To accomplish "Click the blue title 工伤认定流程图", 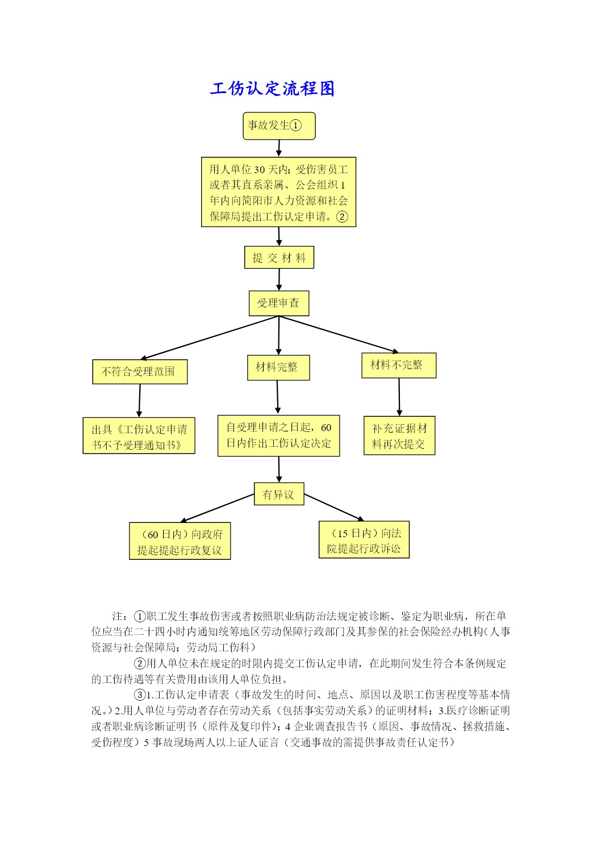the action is coord(272,89).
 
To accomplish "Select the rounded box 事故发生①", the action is coord(279,125).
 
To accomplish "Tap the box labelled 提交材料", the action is coord(279,258).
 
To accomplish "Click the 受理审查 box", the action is coord(279,303).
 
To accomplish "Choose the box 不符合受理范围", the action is coord(140,371).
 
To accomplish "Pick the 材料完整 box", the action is coord(278,367).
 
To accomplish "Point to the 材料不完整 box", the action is coord(399,365).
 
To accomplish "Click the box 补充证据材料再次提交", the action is coord(399,436).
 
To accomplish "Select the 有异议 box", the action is coord(279,493).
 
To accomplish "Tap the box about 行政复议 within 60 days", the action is coord(180,541).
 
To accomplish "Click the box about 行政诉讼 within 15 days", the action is coord(364,539).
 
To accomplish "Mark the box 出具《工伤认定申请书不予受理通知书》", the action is coord(139,436).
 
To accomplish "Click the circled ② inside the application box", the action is coord(342,217).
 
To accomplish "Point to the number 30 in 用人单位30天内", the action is coord(259,170).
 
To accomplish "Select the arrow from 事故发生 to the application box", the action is coord(279,148).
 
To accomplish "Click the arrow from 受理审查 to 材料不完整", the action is coord(339,334).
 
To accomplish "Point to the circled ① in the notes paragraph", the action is coord(140,616).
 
